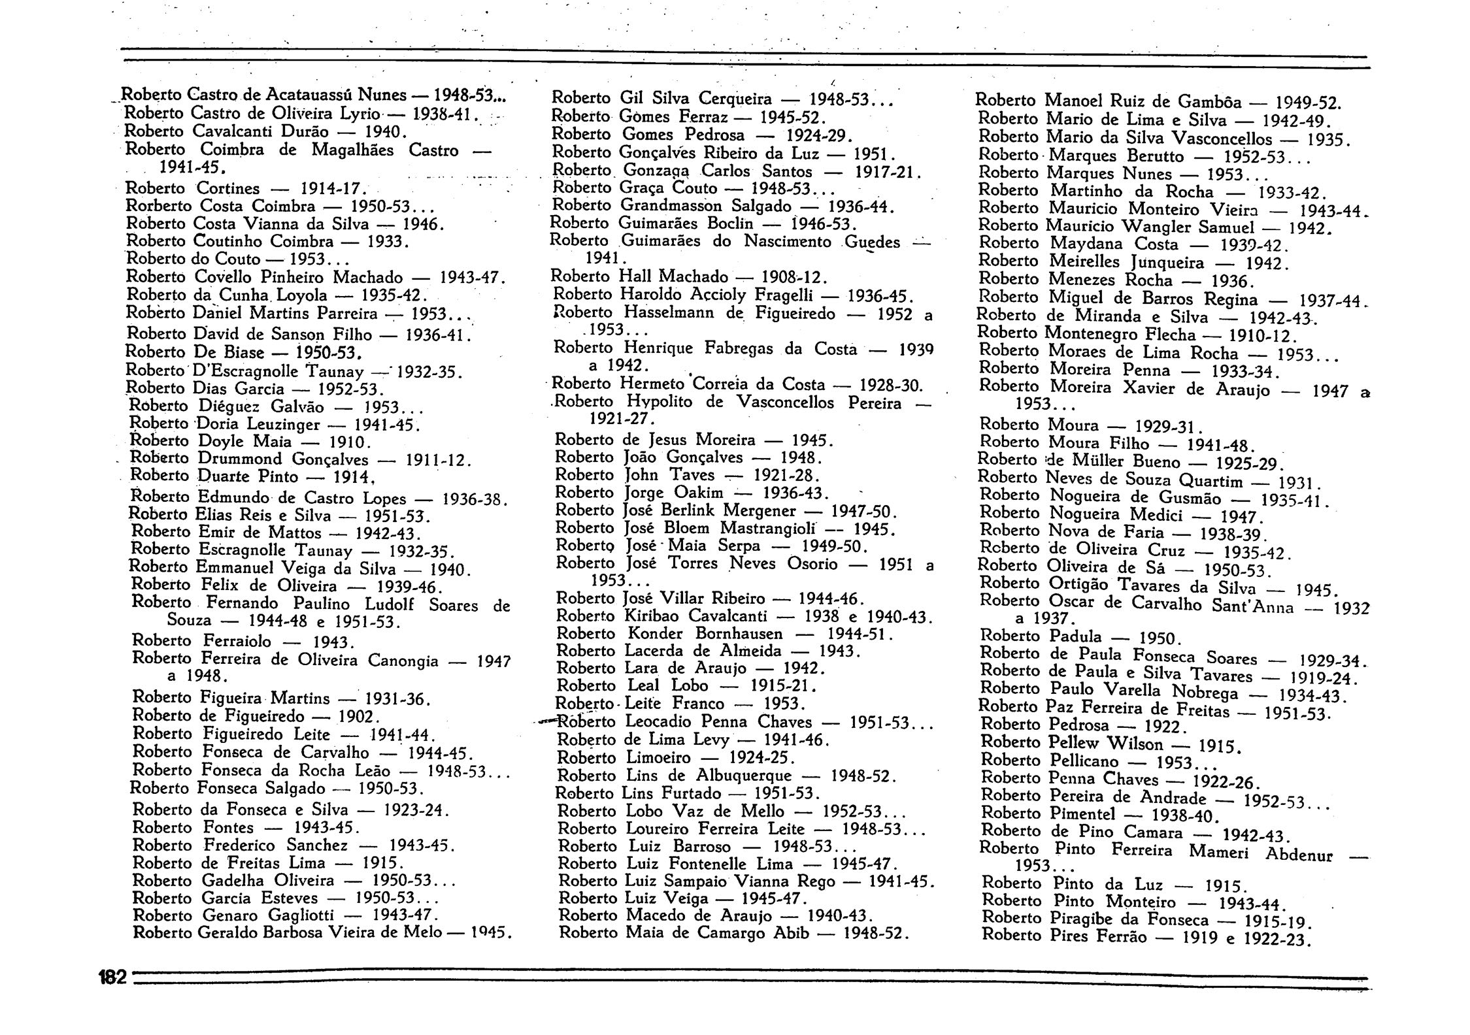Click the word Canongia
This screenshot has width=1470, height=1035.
click(x=403, y=661)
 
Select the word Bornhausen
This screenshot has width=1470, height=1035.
click(x=739, y=634)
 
